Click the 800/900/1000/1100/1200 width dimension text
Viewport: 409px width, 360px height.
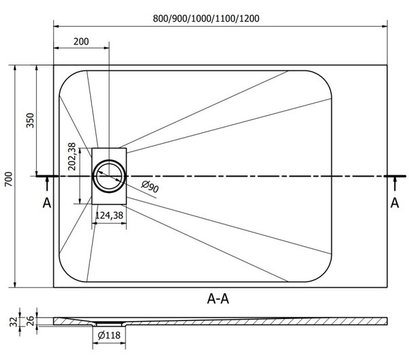206,18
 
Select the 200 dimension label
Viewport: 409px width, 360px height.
81,42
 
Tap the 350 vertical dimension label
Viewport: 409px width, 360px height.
30,120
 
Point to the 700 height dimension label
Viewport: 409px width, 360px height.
9,179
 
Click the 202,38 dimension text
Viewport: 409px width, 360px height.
72,157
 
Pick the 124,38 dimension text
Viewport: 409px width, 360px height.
109,215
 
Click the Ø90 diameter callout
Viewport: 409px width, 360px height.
150,187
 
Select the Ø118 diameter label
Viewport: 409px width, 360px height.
109,335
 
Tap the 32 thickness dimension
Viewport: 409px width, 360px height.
14,322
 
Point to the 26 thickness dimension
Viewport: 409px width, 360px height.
30,320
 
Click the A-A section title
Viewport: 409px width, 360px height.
218,299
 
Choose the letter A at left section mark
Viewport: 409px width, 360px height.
47,202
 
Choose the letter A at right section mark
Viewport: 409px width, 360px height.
395,202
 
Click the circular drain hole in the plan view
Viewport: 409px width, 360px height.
109,176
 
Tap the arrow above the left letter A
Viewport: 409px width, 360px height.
47,183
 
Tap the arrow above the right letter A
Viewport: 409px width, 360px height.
395,183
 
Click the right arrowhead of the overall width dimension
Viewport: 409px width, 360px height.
384,26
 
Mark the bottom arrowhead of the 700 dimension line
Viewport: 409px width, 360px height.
15,284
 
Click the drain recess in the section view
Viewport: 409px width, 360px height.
109,324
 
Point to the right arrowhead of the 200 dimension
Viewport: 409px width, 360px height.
106,48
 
